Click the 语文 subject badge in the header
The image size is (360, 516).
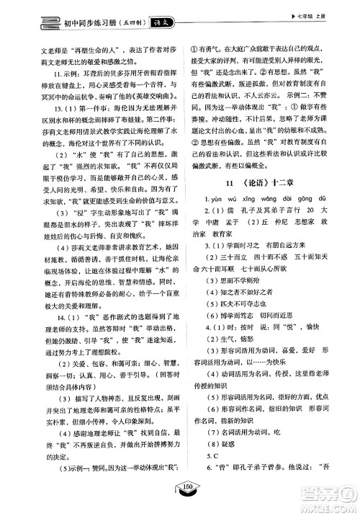153,23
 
